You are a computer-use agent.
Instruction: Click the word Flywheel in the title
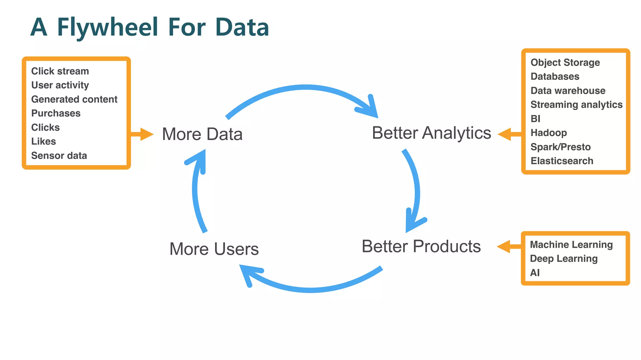click(107, 27)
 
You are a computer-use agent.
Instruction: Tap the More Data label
click(202, 134)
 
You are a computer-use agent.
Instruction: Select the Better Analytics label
click(431, 133)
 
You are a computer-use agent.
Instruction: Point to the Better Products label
click(421, 246)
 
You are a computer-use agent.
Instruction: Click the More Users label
click(214, 249)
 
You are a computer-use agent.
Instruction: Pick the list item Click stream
click(60, 71)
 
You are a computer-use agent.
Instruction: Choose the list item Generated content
click(74, 99)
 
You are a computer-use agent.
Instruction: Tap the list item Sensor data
click(59, 156)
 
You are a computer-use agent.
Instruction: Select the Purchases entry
click(56, 113)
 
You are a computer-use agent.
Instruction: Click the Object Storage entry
click(565, 62)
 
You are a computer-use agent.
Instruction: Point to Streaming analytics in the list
click(576, 105)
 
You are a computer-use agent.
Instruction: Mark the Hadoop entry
click(548, 133)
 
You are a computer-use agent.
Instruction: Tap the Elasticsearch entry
click(562, 161)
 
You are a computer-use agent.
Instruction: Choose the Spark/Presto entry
click(560, 147)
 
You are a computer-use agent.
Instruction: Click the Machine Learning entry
click(571, 245)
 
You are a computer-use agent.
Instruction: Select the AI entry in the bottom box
click(535, 273)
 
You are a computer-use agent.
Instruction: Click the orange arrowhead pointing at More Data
click(146, 134)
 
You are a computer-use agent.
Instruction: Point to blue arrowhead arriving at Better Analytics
click(370, 109)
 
